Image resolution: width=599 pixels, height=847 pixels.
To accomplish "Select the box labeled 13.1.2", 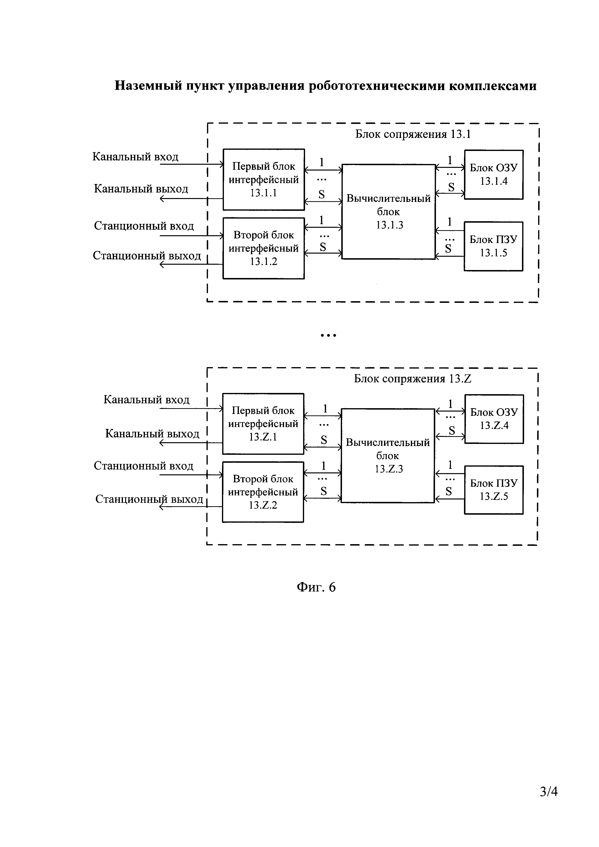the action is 264,248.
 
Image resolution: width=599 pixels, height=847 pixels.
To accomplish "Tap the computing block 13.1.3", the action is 389,212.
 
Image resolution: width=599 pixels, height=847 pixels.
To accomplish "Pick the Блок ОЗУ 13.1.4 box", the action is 493,174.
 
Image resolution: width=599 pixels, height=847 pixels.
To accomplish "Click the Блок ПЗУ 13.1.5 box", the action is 493,246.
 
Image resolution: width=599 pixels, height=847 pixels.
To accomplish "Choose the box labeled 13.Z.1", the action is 263,424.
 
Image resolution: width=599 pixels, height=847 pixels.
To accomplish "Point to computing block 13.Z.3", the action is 388,456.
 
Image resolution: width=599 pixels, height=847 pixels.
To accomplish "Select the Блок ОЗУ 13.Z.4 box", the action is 494,419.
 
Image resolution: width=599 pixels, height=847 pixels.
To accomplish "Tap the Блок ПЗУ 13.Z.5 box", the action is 494,490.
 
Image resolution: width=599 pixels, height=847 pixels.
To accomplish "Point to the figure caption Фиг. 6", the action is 316,587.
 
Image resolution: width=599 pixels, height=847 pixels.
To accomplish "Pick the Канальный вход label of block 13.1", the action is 135,157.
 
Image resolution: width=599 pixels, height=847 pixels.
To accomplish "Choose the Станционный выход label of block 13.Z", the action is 149,499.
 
